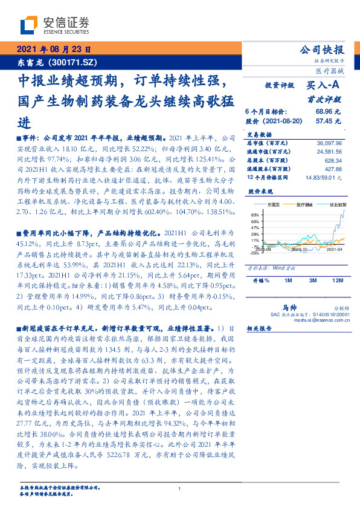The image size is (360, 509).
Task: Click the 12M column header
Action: pyautogui.click(x=335, y=281)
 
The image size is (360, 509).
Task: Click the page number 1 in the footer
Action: pyautogui.click(x=180, y=488)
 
